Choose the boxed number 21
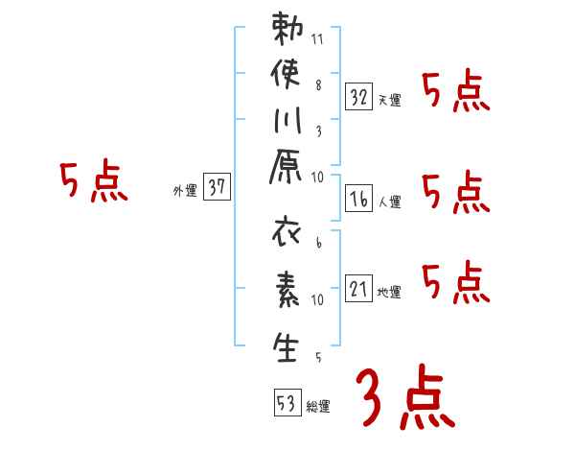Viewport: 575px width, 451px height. [358, 287]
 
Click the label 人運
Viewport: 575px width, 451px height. [389, 202]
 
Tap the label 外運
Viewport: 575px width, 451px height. [185, 192]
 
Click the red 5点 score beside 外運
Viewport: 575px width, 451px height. [94, 182]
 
